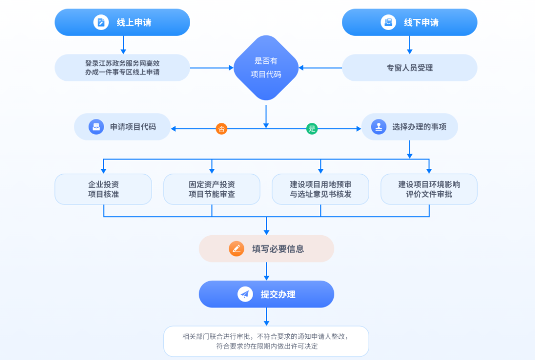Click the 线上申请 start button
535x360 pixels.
coord(122,22)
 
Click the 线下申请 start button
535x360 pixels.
coord(410,22)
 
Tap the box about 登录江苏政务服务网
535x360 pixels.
coord(122,68)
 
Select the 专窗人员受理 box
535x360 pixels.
coord(410,68)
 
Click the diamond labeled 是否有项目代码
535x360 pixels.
coord(266,68)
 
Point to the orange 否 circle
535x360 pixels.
coord(221,129)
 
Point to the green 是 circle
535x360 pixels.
coord(312,129)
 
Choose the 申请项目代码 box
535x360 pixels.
coord(122,127)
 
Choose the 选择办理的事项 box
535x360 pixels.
coord(410,127)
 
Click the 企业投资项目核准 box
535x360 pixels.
coord(103,189)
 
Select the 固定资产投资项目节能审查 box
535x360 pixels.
coord(212,189)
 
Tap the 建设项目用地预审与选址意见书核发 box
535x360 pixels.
coord(321,189)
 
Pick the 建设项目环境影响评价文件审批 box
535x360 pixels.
coord(429,189)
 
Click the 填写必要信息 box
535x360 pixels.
coord(267,249)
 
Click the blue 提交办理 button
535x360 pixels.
coord(267,294)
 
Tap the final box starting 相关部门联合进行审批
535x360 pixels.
coord(267,341)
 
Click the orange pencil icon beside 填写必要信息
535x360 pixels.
coord(236,249)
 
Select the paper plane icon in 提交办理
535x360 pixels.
coord(245,294)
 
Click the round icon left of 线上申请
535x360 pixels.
coord(101,22)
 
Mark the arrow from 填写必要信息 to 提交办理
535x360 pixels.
coord(267,271)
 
